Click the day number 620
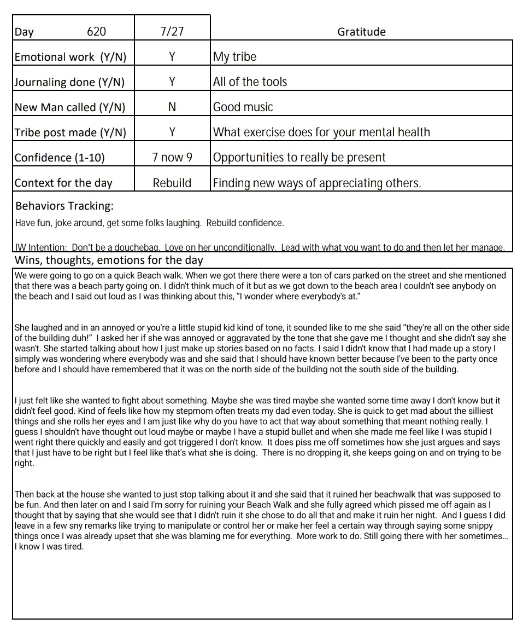(96, 32)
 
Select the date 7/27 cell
(172, 32)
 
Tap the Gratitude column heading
(361, 32)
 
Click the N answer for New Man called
(172, 107)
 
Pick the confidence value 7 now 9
(172, 158)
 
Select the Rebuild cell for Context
(172, 183)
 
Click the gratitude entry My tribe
(234, 57)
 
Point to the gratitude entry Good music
(243, 107)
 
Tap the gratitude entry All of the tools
(250, 82)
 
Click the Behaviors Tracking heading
(64, 206)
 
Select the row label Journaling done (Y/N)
(69, 82)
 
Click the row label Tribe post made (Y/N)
(70, 132)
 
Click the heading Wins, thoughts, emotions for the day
(109, 259)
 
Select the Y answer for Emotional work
(172, 57)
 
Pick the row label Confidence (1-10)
(60, 158)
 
